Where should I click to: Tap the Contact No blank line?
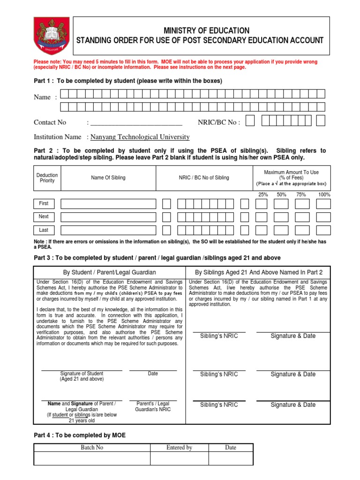136,123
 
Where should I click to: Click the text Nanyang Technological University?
140,137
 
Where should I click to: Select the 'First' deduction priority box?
44,203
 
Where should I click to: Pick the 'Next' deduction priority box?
44,217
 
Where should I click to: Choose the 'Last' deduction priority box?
44,230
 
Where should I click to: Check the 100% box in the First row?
323,204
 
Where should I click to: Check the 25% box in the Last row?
262,230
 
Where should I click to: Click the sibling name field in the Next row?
108,217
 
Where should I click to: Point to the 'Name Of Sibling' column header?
108,178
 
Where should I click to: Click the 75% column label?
301,194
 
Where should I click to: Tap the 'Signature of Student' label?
82,374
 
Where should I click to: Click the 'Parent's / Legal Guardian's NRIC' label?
153,406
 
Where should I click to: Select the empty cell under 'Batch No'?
92,458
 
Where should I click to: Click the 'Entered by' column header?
179,448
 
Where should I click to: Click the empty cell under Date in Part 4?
231,458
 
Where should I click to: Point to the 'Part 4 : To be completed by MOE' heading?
80,435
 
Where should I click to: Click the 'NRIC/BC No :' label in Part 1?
219,122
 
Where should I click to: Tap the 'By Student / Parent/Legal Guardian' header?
110,272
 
